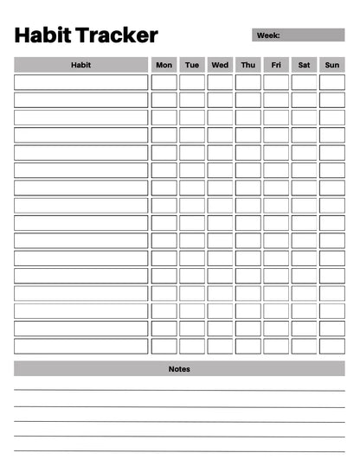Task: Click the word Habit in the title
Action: [42, 35]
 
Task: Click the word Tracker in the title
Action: [117, 35]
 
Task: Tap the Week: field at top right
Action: [298, 35]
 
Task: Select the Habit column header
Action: [80, 65]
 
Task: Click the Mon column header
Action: [164, 65]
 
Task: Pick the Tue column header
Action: [192, 65]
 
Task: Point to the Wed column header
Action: [220, 65]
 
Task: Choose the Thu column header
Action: [248, 65]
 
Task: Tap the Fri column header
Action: [276, 65]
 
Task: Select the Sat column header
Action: [304, 65]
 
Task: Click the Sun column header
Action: [332, 65]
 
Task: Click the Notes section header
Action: [179, 369]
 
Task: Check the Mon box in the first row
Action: [164, 82]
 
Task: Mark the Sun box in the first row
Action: [332, 82]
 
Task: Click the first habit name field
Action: [80, 82]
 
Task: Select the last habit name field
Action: [80, 346]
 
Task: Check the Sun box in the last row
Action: [332, 346]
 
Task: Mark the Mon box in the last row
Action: [164, 346]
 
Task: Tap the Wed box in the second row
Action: [220, 99]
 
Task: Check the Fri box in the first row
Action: [276, 82]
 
